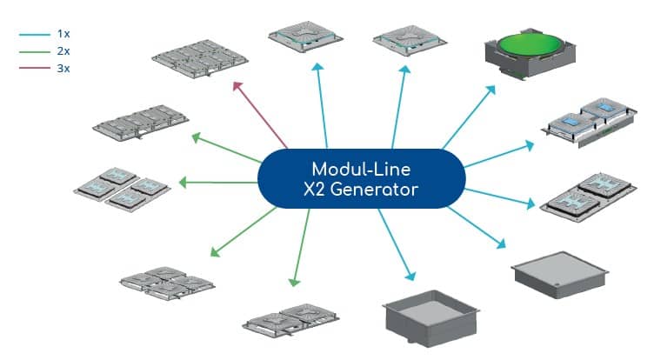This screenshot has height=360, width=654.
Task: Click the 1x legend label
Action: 63,34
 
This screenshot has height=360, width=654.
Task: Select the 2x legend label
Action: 63,51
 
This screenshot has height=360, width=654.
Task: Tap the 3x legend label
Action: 63,68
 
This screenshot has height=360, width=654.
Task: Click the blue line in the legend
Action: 35,34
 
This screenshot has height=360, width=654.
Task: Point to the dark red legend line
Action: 35,68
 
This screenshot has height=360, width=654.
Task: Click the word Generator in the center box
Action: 374,190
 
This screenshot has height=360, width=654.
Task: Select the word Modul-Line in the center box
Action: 361,170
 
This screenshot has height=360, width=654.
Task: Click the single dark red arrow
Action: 260,115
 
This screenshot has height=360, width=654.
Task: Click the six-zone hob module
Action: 200,59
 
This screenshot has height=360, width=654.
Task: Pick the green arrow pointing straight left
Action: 218,183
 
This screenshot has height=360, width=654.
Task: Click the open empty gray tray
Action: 430,318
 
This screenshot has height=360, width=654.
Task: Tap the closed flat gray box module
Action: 559,274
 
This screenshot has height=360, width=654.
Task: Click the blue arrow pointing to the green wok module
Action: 469,117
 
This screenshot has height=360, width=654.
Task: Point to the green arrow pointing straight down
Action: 302,248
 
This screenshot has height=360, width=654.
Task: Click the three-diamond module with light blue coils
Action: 122,190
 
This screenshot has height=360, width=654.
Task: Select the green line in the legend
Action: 35,51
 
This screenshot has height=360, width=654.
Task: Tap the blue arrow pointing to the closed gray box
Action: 477,228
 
